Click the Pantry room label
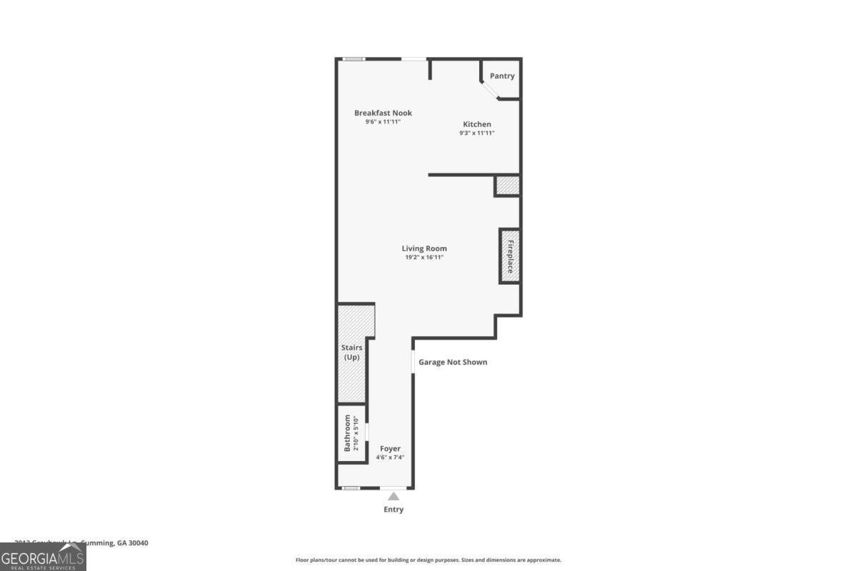coord(502,76)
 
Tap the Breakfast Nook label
coord(384,113)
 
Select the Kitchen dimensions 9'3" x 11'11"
coord(476,133)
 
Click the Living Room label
coord(424,248)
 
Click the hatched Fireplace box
coord(509,256)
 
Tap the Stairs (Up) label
coord(351,352)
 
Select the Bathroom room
coord(351,433)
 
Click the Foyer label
coord(390,449)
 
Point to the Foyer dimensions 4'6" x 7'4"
coord(390,458)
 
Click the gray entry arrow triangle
coord(394,496)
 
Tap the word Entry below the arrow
coord(394,510)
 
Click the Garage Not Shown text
coord(453,362)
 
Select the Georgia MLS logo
coord(43,557)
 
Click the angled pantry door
coord(490,91)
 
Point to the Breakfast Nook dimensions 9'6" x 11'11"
coord(384,122)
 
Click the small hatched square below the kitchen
coord(507,185)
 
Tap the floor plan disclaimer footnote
coord(428,560)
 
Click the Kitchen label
coord(476,124)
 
